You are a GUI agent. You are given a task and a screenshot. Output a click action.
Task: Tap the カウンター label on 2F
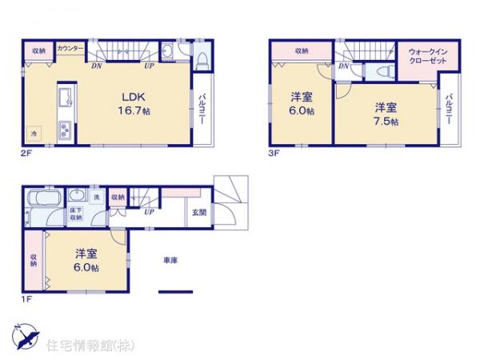(70, 48)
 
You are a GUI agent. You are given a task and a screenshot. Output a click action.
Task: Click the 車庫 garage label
(170, 260)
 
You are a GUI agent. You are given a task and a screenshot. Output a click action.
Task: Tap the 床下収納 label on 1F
(75, 214)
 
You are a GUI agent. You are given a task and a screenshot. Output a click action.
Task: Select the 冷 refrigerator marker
(34, 133)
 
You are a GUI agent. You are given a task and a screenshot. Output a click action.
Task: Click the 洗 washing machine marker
(96, 197)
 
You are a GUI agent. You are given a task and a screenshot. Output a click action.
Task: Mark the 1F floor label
(26, 301)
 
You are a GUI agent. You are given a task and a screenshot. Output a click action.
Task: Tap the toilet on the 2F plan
(202, 57)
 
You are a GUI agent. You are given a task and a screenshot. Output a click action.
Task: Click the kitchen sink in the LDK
(65, 99)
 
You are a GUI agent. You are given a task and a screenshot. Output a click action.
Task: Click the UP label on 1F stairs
(149, 213)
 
